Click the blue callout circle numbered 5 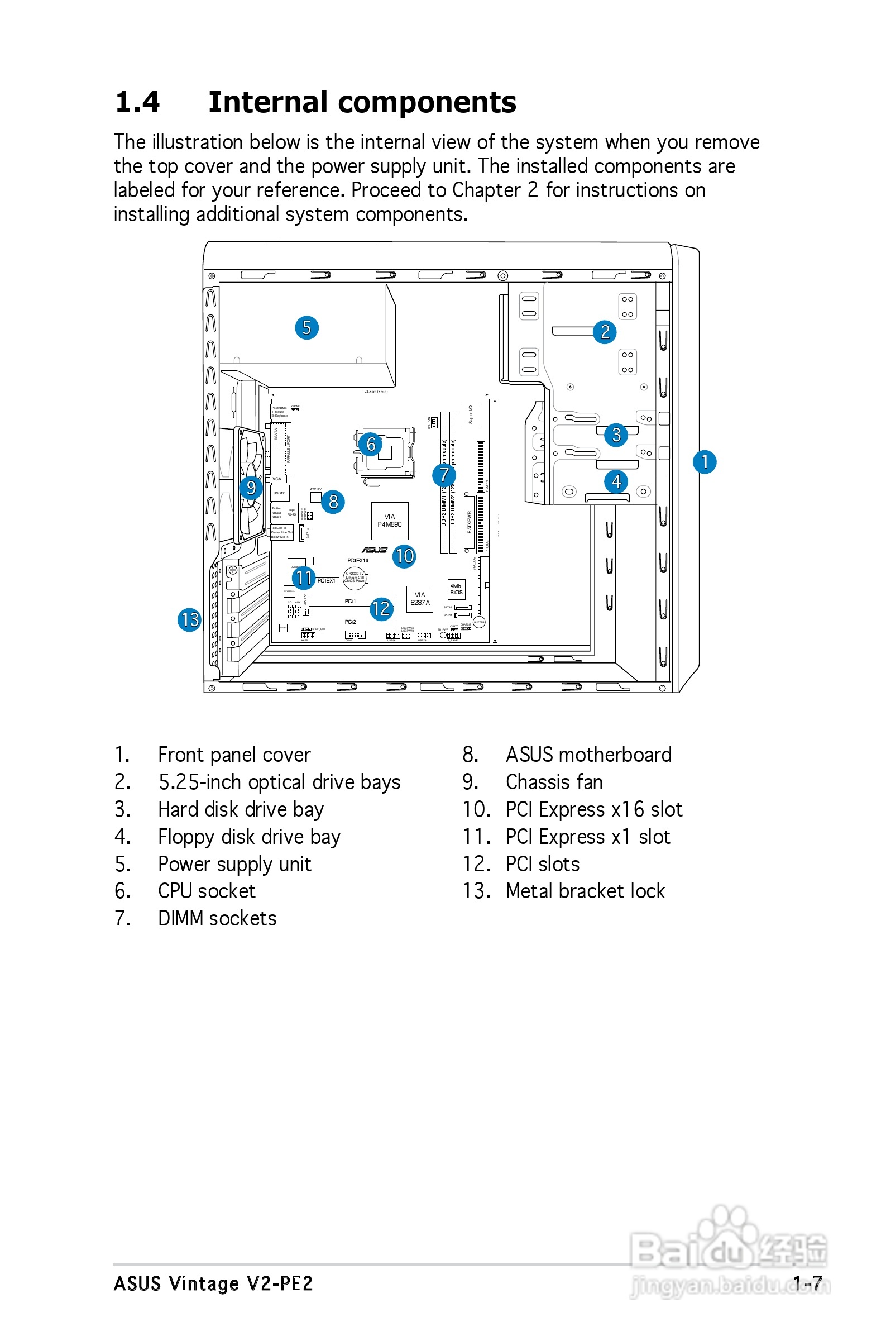(306, 328)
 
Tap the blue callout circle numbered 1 (704, 462)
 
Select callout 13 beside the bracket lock (189, 619)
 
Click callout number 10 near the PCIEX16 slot (404, 556)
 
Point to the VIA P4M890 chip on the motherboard (389, 520)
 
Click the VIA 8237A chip (420, 599)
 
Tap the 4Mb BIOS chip (456, 589)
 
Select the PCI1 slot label (351, 602)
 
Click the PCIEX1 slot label (326, 580)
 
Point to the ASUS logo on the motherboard (374, 550)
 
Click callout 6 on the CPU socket (371, 444)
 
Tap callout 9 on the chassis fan (251, 487)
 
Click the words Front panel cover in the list (234, 755)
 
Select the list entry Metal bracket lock (585, 891)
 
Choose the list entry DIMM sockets (217, 918)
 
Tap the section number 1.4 (137, 102)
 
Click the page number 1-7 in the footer (807, 1283)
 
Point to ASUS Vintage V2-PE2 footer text (213, 1283)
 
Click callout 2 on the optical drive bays (605, 332)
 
